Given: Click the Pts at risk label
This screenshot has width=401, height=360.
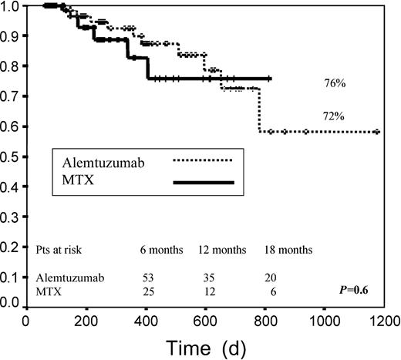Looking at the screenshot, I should [x=59, y=250].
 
